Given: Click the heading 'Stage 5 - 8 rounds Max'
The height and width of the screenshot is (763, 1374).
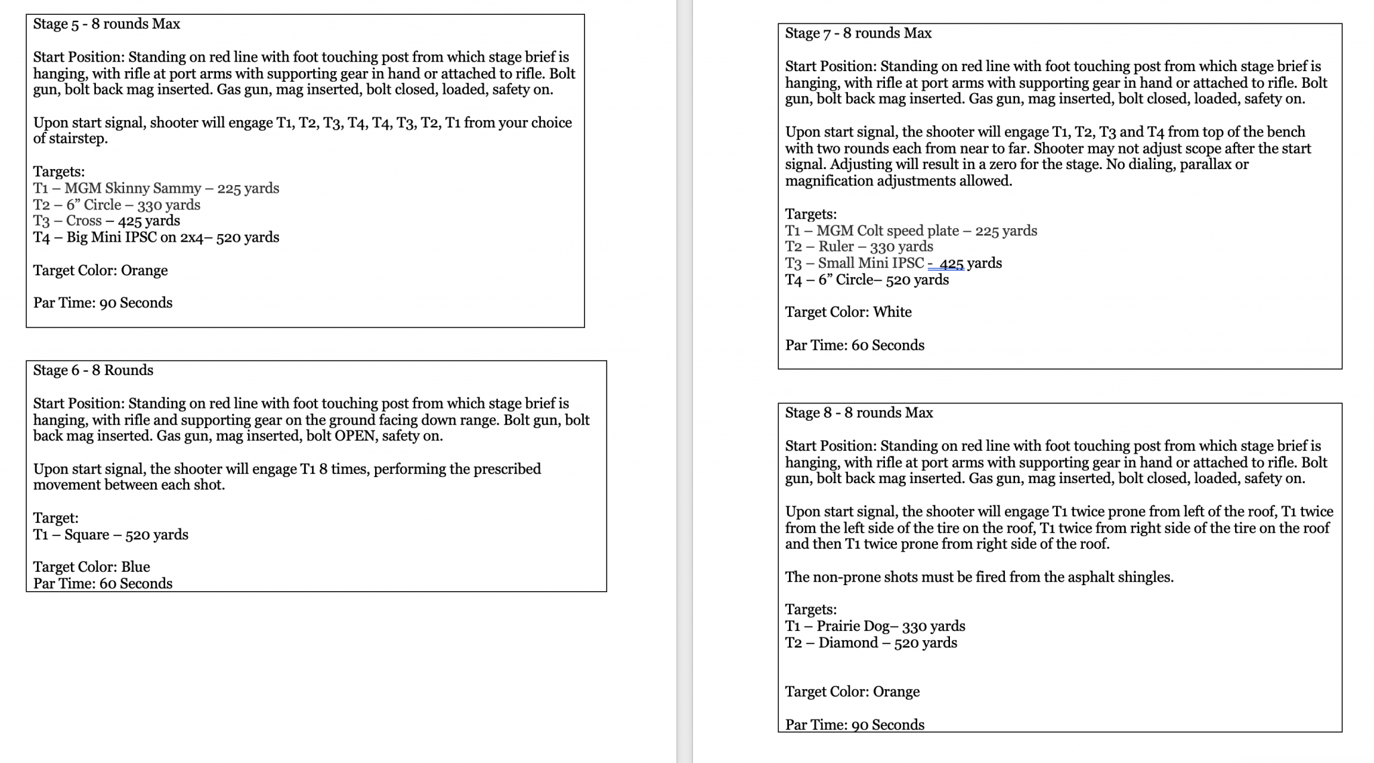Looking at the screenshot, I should [x=107, y=24].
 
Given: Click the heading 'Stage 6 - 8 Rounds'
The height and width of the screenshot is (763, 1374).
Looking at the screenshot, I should [x=93, y=370].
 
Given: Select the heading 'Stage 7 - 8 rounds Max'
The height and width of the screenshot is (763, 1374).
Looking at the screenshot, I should [x=858, y=34].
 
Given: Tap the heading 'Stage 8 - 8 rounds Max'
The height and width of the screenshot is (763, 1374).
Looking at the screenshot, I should [x=859, y=413].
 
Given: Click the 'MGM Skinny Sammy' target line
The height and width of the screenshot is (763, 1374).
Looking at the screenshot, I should [x=156, y=189].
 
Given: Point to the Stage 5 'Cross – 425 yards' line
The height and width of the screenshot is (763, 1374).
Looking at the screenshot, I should [x=107, y=221].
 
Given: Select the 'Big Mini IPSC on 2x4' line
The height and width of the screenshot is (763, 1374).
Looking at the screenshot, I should [x=156, y=238].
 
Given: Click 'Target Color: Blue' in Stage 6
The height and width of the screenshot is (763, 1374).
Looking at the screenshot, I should [x=92, y=567].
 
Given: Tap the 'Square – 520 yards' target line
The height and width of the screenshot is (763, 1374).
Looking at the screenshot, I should [x=111, y=535].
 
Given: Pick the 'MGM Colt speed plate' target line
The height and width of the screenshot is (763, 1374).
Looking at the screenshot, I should [x=911, y=231].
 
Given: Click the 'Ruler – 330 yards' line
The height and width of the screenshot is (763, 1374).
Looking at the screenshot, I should [x=859, y=247].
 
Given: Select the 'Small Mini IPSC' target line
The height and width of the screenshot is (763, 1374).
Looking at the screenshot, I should [x=893, y=263].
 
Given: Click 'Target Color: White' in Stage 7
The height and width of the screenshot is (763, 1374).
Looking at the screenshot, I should [x=848, y=312].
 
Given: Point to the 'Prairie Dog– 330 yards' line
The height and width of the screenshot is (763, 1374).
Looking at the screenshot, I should [x=875, y=626].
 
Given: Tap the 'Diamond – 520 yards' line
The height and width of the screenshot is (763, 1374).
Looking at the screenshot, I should [x=871, y=643].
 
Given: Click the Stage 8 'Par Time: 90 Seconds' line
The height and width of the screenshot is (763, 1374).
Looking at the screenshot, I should [x=855, y=725].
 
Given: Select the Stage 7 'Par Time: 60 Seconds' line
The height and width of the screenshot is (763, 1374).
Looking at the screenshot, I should [x=855, y=346].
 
